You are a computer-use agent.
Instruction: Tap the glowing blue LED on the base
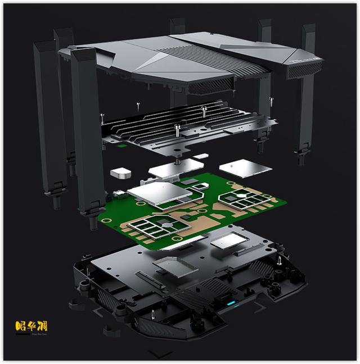pyautogui.click(x=231, y=304)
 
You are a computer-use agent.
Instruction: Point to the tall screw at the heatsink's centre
pyautogui.click(x=178, y=131)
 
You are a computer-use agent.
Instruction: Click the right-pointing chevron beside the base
pyautogui.click(x=260, y=307)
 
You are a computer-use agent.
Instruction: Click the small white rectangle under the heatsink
pyautogui.click(x=202, y=156)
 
